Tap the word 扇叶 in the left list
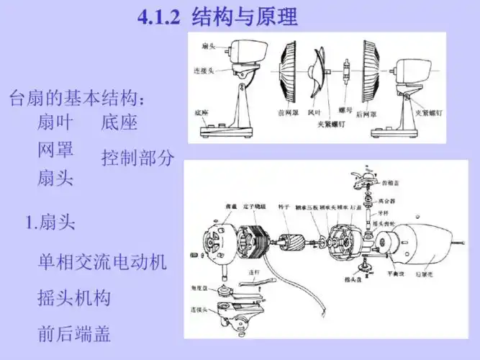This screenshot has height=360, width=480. [55, 122]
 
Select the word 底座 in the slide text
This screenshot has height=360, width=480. [119, 122]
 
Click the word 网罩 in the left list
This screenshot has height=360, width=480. [55, 150]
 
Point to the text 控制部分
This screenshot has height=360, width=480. [137, 158]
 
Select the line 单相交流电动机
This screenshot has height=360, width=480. [101, 262]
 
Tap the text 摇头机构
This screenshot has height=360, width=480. [74, 297]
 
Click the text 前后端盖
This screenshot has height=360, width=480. [74, 333]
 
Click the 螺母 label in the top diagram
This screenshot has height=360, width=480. [345, 112]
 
